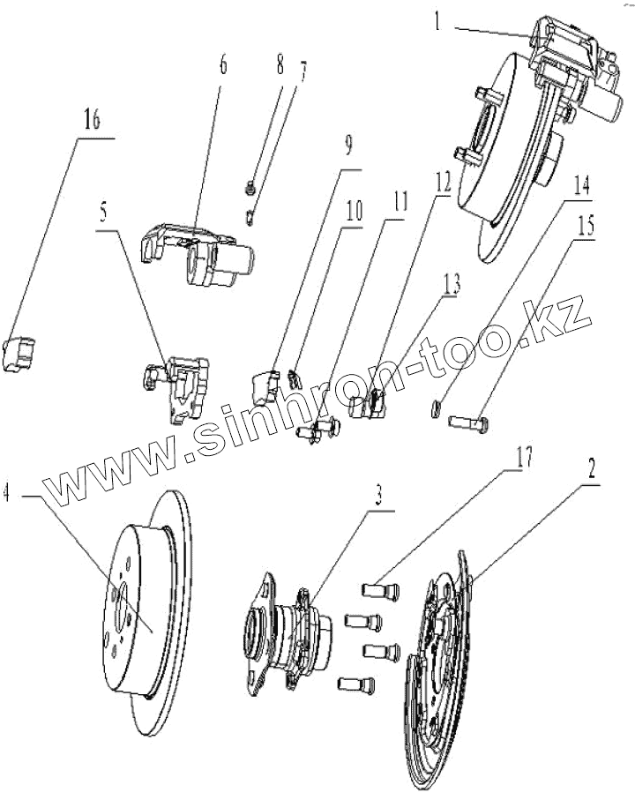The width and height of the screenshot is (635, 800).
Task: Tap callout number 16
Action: pyautogui.click(x=91, y=122)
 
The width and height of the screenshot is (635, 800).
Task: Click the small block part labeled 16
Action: pyautogui.click(x=24, y=354)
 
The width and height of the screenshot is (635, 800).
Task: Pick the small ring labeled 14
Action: pyautogui.click(x=437, y=407)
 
